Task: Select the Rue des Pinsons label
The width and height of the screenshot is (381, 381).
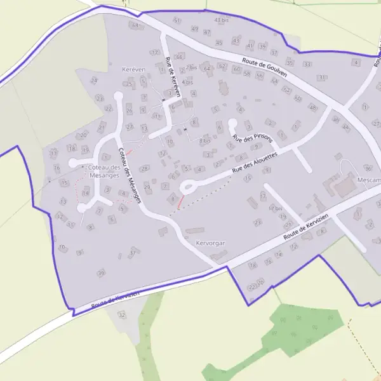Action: [253, 137]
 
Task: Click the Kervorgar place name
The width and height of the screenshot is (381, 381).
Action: [211, 243]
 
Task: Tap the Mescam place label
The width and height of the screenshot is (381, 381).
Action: [369, 180]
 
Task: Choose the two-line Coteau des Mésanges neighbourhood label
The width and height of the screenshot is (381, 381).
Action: [105, 171]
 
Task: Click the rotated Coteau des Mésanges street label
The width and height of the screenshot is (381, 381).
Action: [130, 174]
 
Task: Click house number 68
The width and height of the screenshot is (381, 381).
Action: [134, 25]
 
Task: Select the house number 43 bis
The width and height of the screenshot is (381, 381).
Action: [222, 20]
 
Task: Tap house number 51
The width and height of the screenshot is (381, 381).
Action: [177, 21]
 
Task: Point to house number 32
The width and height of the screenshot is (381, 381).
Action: [122, 315]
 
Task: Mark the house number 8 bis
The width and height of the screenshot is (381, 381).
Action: [204, 140]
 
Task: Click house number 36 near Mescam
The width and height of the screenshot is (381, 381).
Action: [368, 168]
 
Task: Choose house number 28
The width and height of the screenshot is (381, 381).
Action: [145, 168]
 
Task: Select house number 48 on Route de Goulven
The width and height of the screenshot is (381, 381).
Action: [312, 108]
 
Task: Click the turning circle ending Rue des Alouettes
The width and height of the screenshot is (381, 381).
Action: [187, 187]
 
